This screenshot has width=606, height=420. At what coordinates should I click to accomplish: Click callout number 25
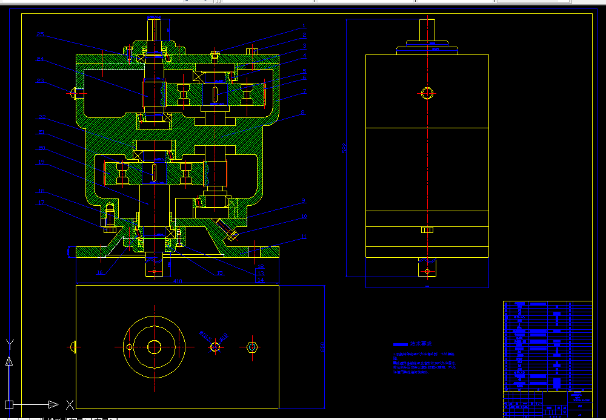click(40, 34)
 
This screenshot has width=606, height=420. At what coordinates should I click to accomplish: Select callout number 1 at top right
click(304, 27)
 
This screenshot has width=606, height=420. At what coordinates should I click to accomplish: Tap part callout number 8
click(304, 113)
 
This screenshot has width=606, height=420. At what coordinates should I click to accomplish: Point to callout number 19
click(41, 162)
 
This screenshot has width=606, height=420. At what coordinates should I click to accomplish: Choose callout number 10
click(304, 216)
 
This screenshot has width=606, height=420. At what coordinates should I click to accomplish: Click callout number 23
click(40, 80)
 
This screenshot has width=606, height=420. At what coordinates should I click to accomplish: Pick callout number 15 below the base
click(101, 272)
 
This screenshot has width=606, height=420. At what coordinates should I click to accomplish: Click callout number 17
click(41, 203)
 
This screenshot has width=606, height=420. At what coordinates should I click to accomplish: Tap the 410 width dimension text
click(178, 281)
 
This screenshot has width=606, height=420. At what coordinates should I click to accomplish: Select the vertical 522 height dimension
click(345, 148)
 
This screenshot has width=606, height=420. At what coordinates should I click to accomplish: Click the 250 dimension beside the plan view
click(323, 346)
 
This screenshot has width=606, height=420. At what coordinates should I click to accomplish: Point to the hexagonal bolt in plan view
click(253, 347)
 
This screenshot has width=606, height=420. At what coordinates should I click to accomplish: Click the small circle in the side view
click(428, 93)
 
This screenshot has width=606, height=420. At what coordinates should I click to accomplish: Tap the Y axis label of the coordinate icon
click(10, 344)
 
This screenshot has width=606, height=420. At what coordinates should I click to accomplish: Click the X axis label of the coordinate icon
click(70, 404)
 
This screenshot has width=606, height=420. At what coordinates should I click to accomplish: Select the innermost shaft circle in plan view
click(154, 347)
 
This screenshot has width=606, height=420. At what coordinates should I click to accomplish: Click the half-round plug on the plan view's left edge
click(73, 347)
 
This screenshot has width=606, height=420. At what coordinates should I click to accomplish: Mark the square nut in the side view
click(427, 229)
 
